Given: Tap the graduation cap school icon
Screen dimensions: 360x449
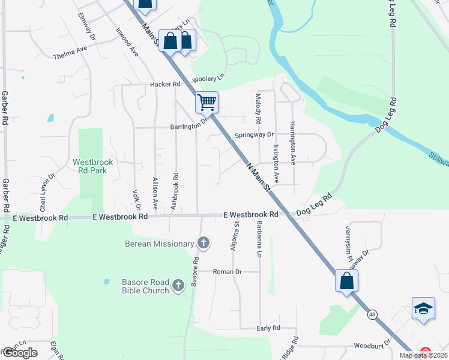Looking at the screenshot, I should pyautogui.click(x=423, y=309).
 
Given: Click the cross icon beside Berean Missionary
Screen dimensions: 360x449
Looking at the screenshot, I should pyautogui.click(x=203, y=243).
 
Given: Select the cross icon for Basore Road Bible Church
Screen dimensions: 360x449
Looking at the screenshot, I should pyautogui.click(x=178, y=286).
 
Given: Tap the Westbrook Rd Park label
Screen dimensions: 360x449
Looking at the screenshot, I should pyautogui.click(x=93, y=167).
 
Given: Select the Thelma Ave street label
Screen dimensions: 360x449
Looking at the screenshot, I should pyautogui.click(x=70, y=55).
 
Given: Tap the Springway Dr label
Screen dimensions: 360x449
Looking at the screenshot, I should pyautogui.click(x=254, y=135).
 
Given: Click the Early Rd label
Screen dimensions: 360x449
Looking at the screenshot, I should pyautogui.click(x=268, y=328).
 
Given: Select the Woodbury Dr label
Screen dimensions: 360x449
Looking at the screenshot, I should pyautogui.click(x=372, y=346).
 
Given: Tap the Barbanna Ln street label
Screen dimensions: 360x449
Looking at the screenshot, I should pyautogui.click(x=259, y=239).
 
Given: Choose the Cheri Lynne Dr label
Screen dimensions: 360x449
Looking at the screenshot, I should pyautogui.click(x=44, y=193).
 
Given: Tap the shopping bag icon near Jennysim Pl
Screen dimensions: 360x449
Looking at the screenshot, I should pyautogui.click(x=347, y=281).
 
